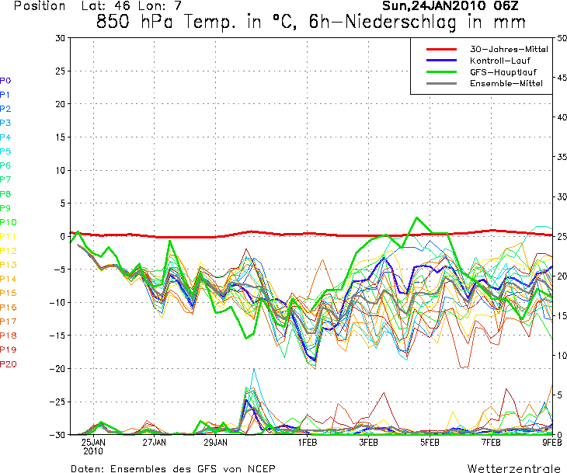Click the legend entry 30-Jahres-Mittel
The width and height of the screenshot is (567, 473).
tap(509, 49)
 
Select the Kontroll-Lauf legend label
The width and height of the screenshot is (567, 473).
tap(503, 60)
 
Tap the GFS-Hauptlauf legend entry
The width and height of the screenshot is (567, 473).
tap(503, 71)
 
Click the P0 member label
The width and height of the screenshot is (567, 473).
tap(5, 80)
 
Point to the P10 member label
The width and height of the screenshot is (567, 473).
tap(9, 222)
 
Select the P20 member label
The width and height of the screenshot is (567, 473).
tap(9, 364)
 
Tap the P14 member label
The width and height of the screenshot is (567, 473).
tap(9, 279)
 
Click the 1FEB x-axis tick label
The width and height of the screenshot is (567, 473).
tap(308, 443)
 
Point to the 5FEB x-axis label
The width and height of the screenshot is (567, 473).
tap(430, 443)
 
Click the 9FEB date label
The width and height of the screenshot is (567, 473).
tap(551, 443)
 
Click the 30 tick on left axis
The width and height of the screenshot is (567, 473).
tap(60, 37)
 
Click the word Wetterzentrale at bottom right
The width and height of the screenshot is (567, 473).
tap(513, 468)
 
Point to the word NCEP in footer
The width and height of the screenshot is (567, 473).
tap(259, 468)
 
